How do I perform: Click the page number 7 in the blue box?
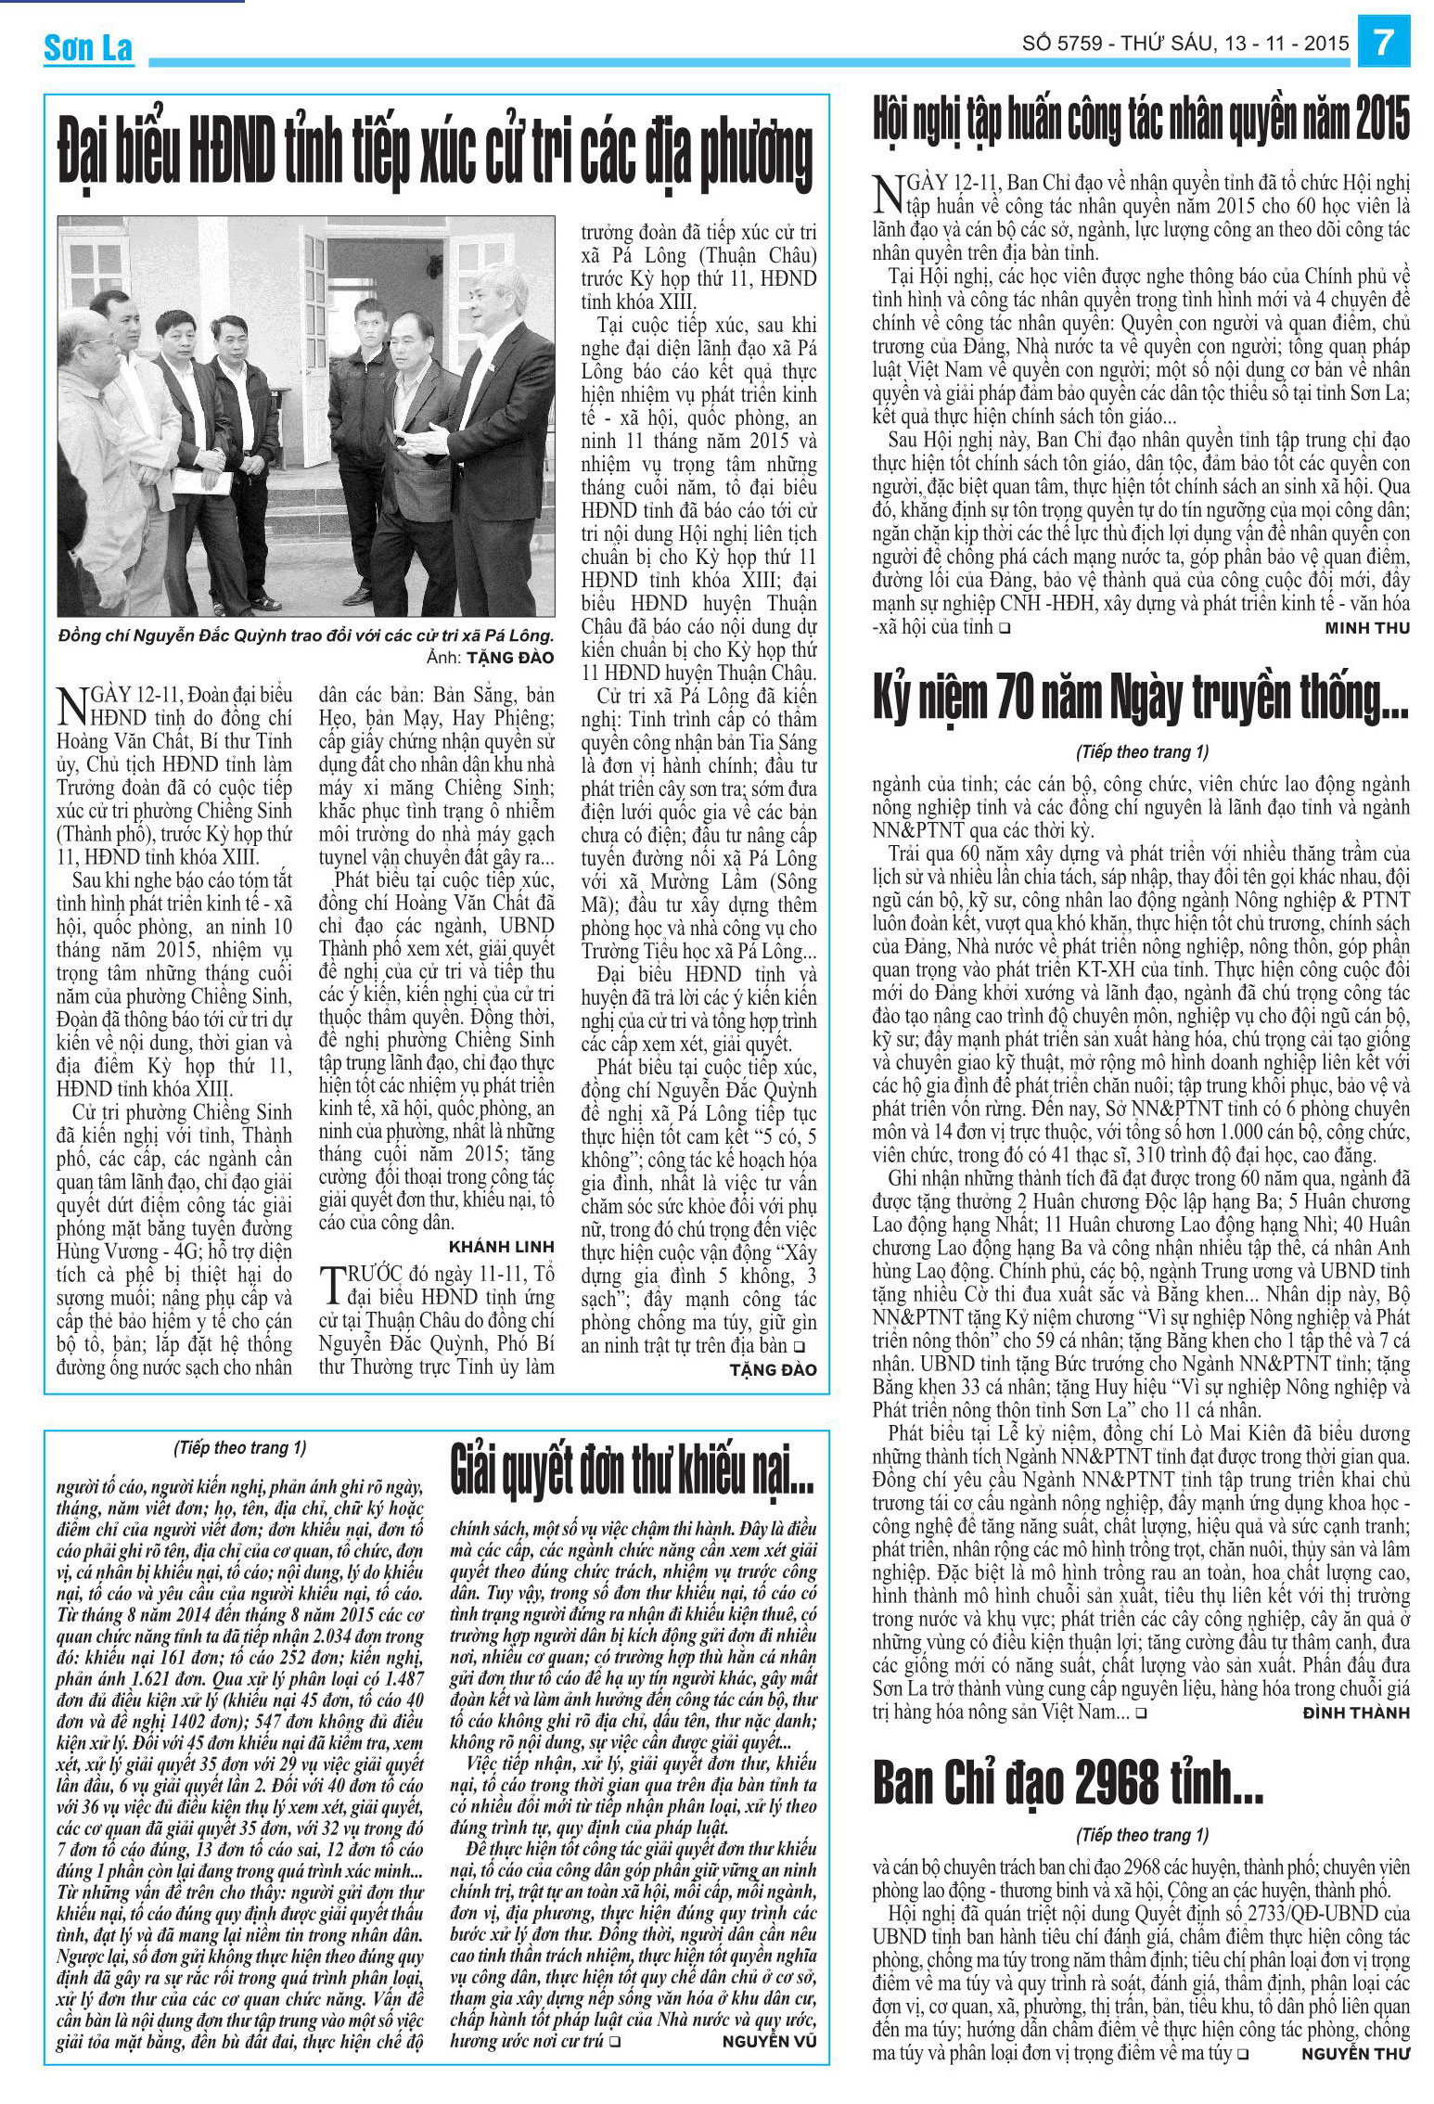(1384, 43)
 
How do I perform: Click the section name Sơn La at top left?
(88, 48)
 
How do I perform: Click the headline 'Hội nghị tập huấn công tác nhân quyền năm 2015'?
(1140, 120)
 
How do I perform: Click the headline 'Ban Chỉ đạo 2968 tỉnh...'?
(1068, 1782)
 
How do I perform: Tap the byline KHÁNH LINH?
(501, 1246)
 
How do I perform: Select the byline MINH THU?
(1366, 628)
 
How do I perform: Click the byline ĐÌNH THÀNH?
(1355, 1713)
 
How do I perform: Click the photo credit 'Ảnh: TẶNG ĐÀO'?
(490, 658)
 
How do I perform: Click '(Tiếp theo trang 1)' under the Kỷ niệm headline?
(1141, 752)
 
